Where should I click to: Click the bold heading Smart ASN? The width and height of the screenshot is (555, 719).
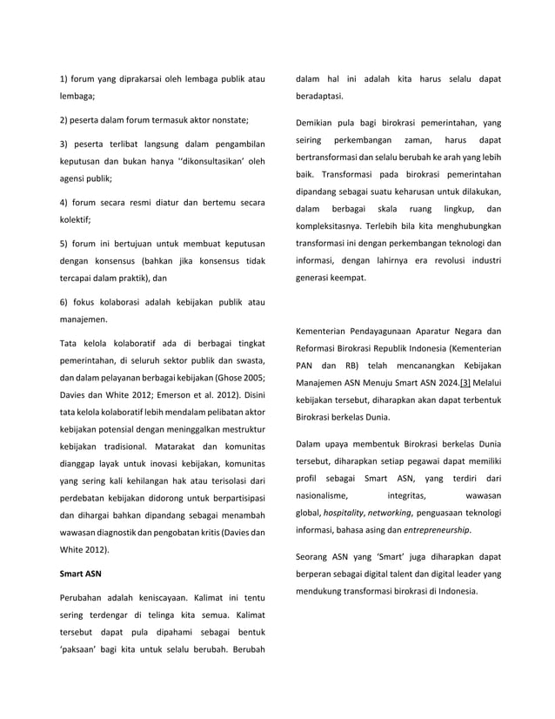[x=79, y=575]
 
